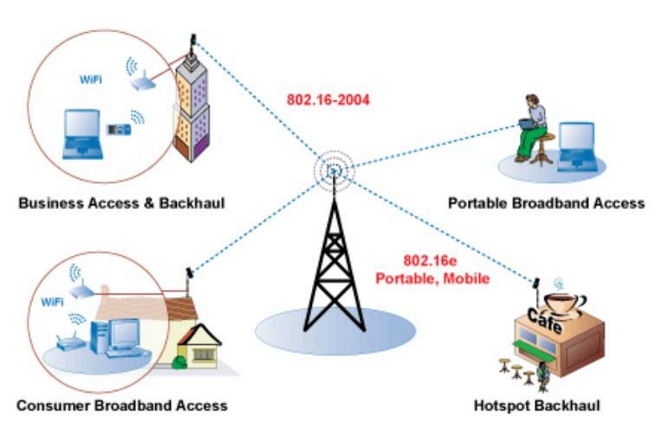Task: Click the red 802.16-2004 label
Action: click(328, 100)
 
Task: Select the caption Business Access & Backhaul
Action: click(121, 204)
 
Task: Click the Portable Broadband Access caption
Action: click(546, 204)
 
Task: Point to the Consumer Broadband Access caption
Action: click(121, 405)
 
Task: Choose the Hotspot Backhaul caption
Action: click(536, 405)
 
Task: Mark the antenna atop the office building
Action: click(193, 41)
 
